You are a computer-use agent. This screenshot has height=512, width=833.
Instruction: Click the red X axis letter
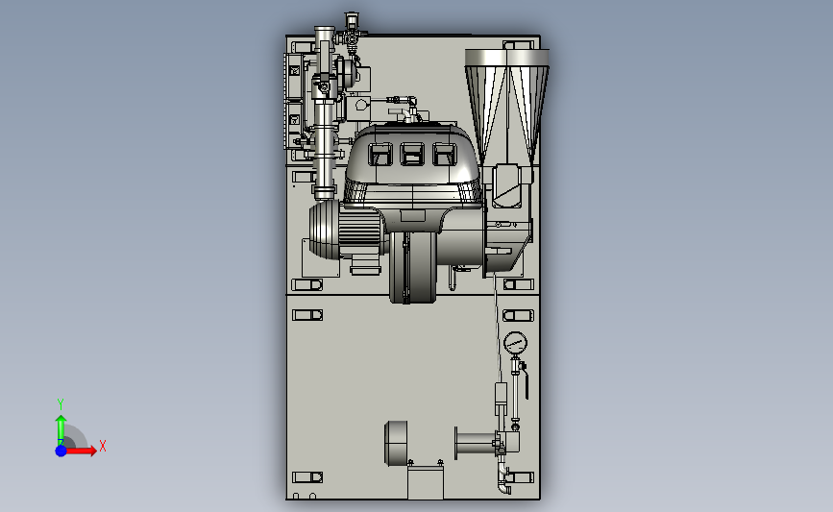point(103,446)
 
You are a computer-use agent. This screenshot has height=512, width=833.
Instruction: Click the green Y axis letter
point(61,404)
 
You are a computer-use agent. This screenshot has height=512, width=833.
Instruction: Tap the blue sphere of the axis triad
point(61,451)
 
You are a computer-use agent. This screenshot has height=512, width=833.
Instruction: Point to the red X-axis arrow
point(81,451)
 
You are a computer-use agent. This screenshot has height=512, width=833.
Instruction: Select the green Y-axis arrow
point(61,429)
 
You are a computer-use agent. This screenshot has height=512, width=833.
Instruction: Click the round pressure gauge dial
point(515,343)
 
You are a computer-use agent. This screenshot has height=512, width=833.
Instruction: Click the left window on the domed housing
point(380,154)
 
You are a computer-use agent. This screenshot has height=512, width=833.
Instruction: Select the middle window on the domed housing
point(412,154)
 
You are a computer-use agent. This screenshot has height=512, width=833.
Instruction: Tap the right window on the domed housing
point(444,154)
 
